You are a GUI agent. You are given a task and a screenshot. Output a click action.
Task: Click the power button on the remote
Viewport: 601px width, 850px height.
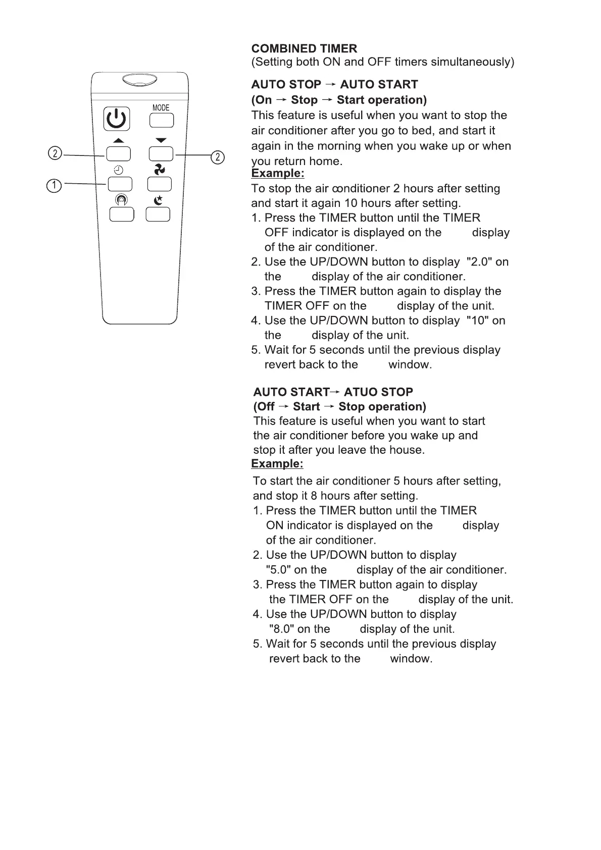(117, 119)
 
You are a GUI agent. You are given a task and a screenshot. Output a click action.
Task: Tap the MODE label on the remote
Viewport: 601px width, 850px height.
(161, 108)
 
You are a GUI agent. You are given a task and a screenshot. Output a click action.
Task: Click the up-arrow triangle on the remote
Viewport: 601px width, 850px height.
(118, 140)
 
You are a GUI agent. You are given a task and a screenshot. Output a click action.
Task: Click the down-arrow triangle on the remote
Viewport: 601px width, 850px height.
(161, 140)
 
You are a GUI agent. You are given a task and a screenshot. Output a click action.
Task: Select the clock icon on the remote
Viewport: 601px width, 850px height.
(119, 170)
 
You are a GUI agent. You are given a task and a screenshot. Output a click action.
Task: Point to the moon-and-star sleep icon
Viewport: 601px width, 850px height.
(159, 200)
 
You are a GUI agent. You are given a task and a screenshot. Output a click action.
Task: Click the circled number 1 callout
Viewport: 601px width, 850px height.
(54, 185)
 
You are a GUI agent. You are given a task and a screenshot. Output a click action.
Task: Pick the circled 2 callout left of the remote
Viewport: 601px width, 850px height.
(55, 153)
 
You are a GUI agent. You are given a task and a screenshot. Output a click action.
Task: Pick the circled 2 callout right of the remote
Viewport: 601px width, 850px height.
(217, 157)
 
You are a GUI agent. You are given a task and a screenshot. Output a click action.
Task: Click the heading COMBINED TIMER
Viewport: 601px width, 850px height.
(304, 48)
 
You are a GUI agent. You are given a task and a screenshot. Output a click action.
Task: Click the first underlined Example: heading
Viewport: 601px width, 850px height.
(278, 174)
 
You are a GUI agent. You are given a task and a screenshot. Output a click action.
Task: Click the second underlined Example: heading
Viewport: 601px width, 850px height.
(277, 464)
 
